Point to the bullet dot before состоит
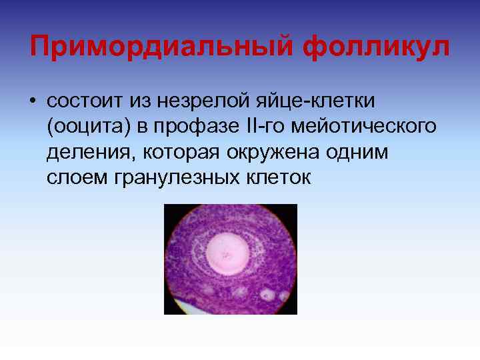pyautogui.click(x=33, y=101)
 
